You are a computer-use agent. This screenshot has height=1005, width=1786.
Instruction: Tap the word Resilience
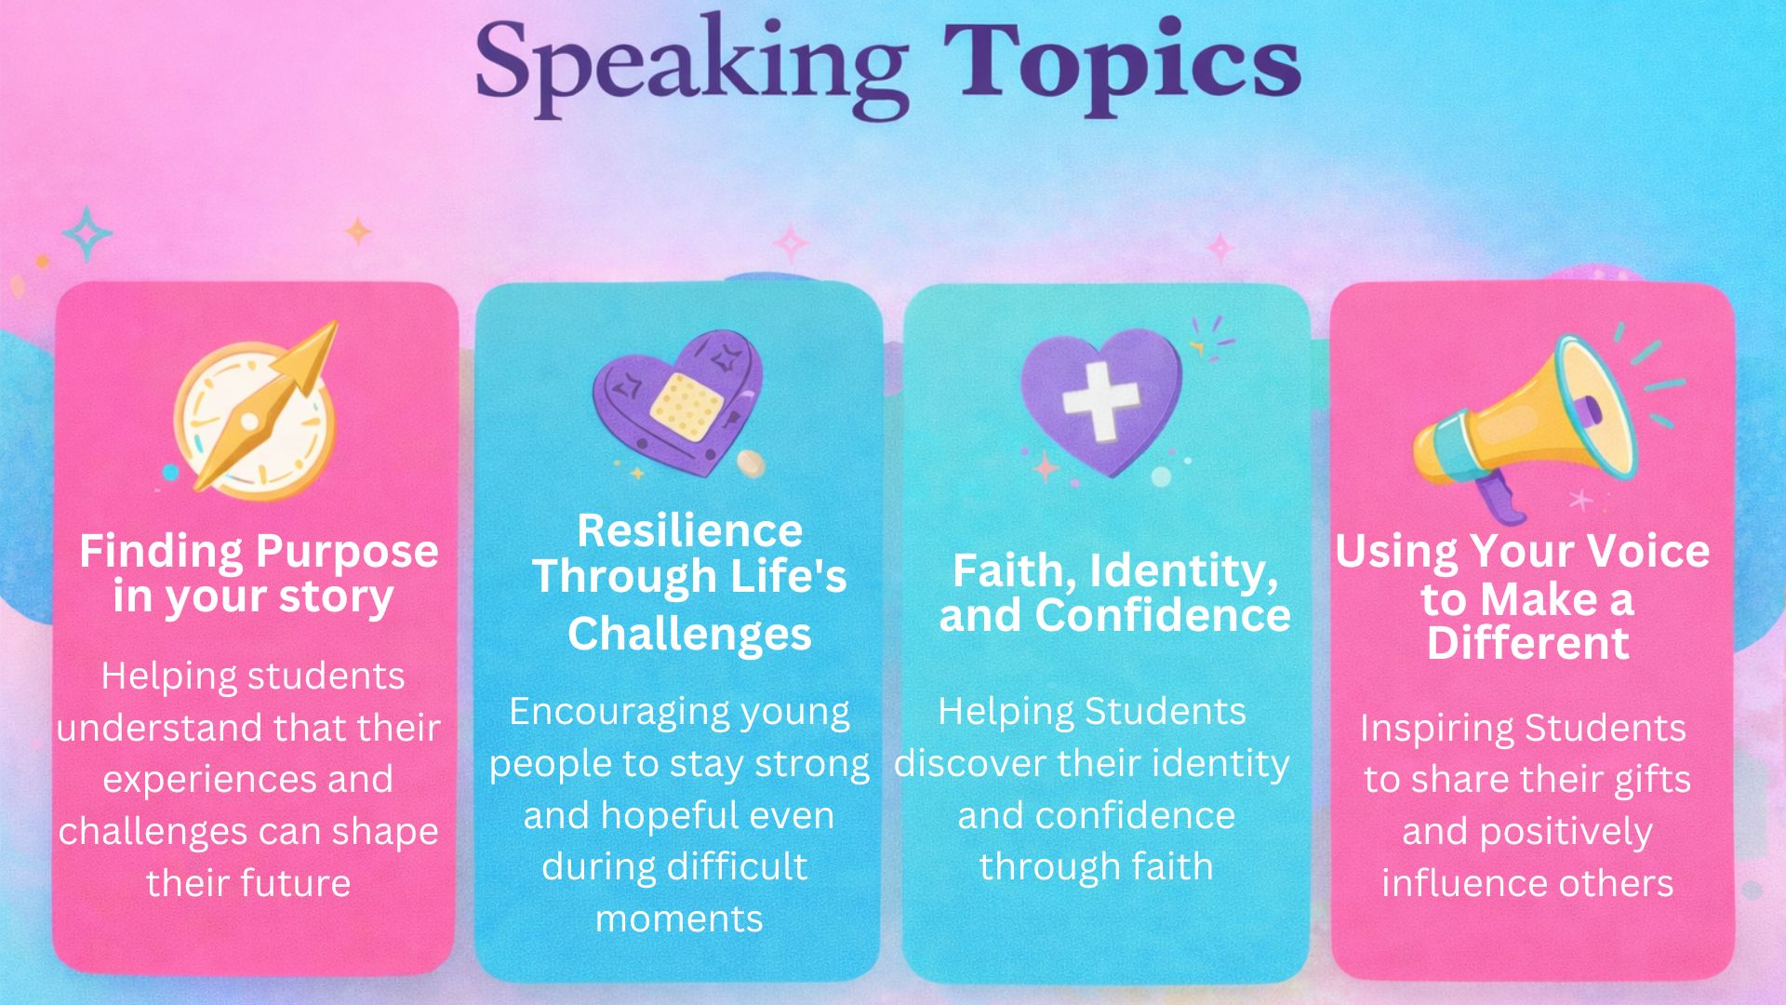pyautogui.click(x=689, y=531)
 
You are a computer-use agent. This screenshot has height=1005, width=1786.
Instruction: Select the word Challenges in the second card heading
pyautogui.click(x=689, y=636)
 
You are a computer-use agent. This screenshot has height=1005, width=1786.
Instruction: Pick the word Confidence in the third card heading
pyautogui.click(x=1163, y=616)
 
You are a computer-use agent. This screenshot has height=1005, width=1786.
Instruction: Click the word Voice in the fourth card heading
pyautogui.click(x=1647, y=551)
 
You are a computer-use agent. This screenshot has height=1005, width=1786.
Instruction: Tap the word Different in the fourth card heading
pyautogui.click(x=1527, y=643)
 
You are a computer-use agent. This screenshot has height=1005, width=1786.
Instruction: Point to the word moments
pyautogui.click(x=679, y=919)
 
